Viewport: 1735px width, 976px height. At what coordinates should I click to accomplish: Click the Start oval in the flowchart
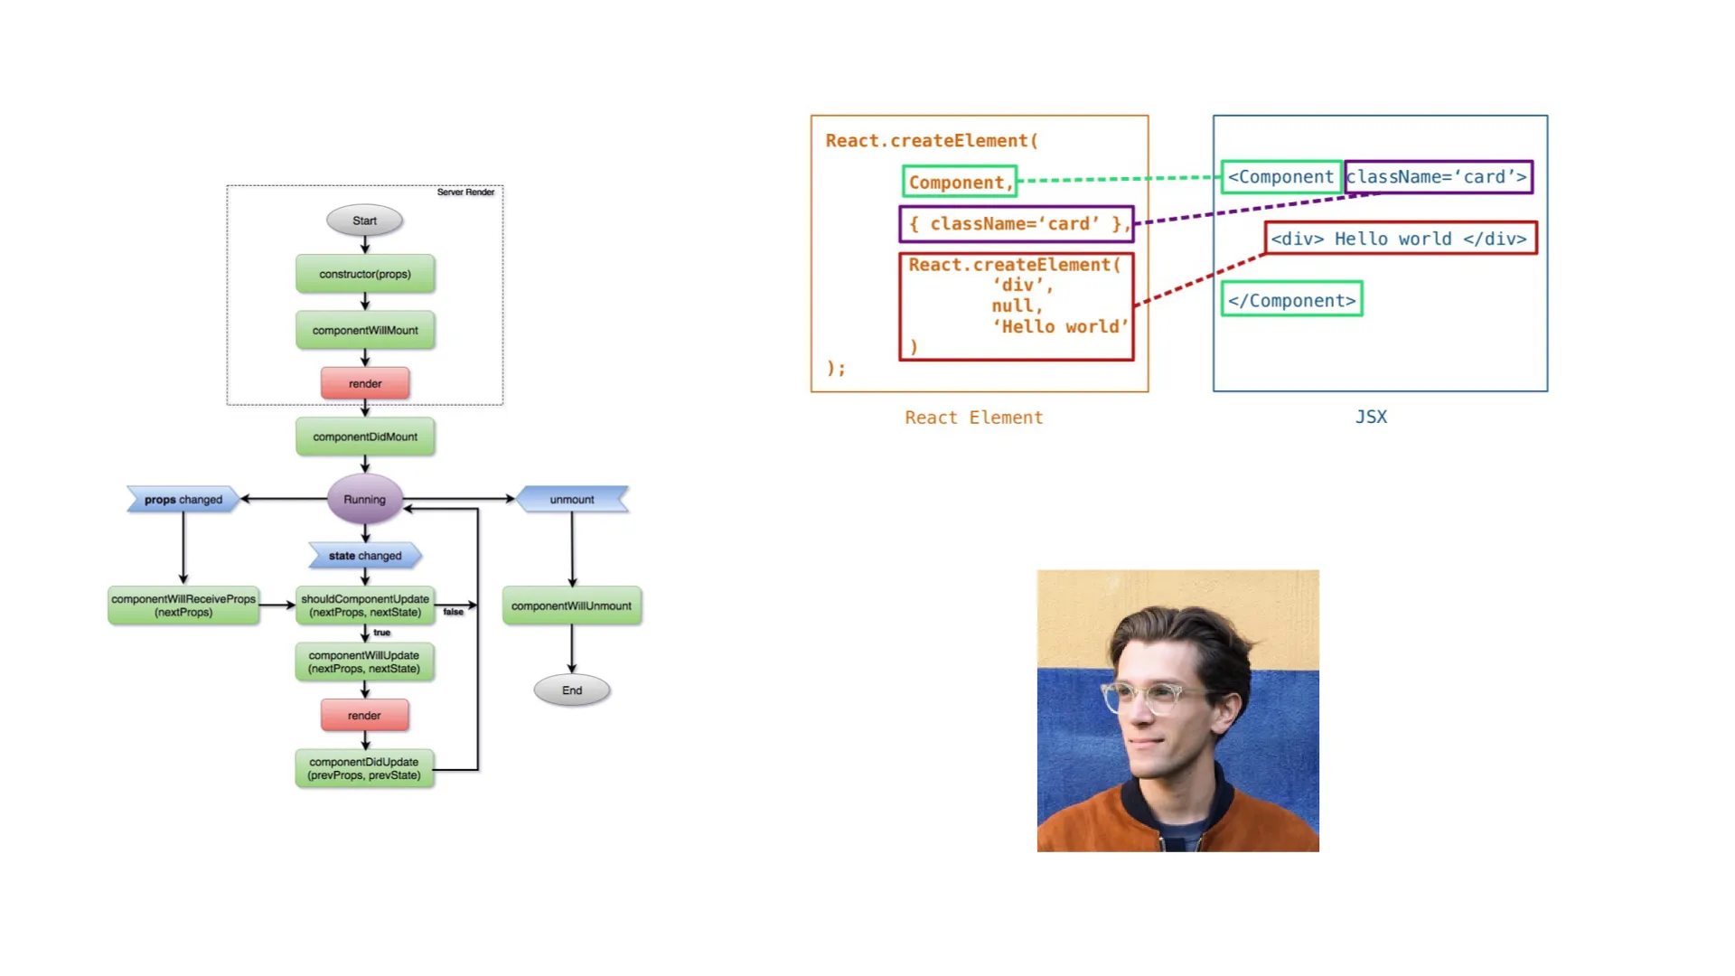coord(364,221)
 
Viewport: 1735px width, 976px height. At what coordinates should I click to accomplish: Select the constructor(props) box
coord(365,274)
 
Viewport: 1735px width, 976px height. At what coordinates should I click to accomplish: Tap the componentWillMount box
coord(365,331)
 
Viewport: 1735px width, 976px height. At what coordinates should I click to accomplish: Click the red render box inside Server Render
coord(365,384)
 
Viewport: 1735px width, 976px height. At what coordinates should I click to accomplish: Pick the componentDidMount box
coord(365,436)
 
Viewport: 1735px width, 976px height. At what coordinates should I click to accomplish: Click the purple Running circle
coord(364,499)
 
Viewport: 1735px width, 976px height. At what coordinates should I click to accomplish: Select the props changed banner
coord(183,500)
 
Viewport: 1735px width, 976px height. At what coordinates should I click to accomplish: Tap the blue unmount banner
coord(572,499)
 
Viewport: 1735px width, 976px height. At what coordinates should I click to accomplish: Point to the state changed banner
coord(365,556)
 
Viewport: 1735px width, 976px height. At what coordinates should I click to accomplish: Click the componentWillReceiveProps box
coord(183,605)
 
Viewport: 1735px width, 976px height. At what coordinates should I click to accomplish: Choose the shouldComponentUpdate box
coord(365,605)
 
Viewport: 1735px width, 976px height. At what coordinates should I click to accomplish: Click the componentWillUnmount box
coord(571,605)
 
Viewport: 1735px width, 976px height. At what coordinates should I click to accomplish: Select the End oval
coord(572,690)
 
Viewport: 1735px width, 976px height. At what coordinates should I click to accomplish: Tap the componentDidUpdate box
coord(364,768)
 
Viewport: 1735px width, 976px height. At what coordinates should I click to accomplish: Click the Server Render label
coord(465,192)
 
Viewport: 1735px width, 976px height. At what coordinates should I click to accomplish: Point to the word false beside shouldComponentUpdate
coord(453,612)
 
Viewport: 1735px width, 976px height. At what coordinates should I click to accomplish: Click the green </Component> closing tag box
coord(1291,300)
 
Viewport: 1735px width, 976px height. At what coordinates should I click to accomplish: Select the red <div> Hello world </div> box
coord(1400,239)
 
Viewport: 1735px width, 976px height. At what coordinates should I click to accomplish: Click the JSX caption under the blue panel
coord(1371,417)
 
